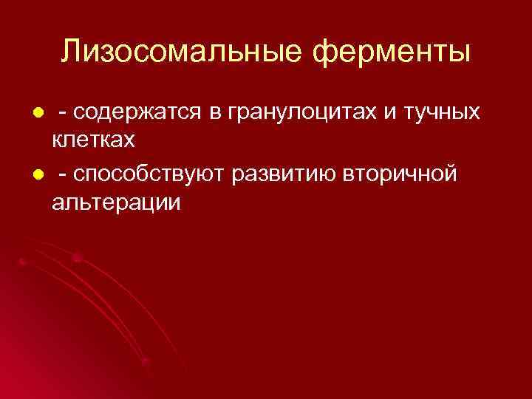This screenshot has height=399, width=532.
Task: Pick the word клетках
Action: tap(93, 138)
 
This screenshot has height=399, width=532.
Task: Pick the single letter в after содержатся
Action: tap(217, 113)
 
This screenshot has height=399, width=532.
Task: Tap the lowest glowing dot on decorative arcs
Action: tap(145, 361)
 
